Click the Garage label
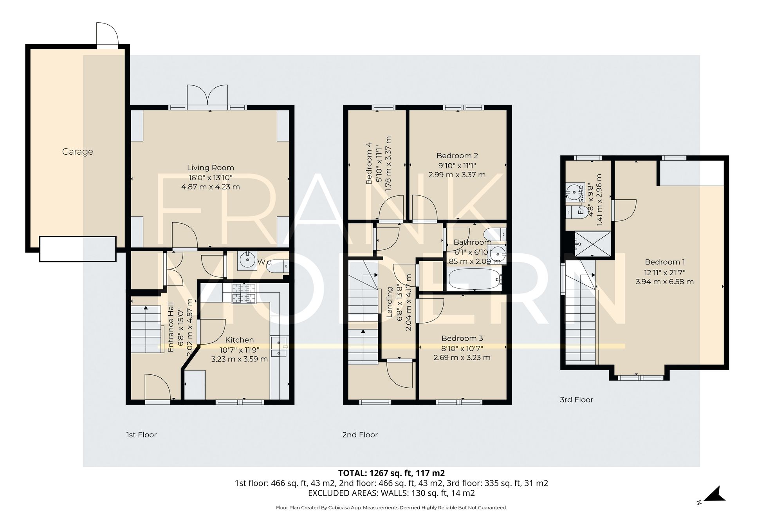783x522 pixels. coord(78,152)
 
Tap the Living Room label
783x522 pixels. coord(210,168)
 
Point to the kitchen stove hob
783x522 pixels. coord(243,293)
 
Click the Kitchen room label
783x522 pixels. coord(239,340)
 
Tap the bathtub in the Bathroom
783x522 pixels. coord(474,279)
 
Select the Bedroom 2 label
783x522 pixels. coord(457,156)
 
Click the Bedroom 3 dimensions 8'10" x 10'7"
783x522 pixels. coord(462,348)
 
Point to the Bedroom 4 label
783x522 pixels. coord(369,163)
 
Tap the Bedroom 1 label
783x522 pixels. coord(664,262)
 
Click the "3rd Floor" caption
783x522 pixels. coord(576,400)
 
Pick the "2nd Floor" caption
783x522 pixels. coord(360,435)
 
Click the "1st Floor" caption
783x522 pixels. coord(141,435)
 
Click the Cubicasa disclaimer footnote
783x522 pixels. coord(391,508)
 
